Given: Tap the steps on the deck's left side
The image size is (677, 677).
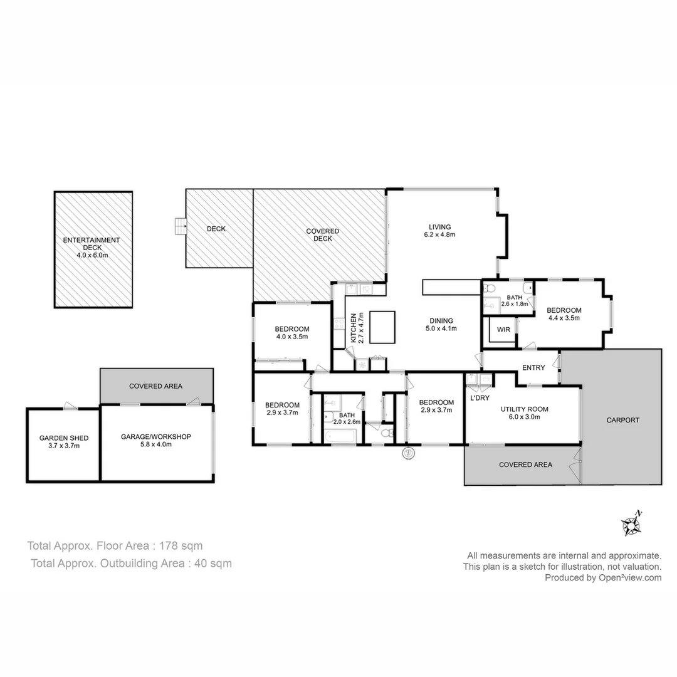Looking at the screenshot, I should (181, 226).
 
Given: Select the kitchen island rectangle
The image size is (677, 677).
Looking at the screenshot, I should (382, 327).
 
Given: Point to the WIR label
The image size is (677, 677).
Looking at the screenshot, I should (503, 329).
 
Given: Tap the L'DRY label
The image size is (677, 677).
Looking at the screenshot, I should (480, 398).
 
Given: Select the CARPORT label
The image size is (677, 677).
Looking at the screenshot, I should (623, 420).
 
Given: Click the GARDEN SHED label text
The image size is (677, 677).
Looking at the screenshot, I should (60, 438).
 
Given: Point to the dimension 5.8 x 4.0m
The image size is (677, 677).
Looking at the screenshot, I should (156, 444).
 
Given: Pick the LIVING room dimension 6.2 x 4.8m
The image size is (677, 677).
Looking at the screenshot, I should (439, 235).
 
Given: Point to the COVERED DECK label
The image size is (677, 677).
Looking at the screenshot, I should (322, 235).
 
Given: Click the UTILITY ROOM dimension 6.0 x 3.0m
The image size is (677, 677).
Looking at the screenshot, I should (524, 417).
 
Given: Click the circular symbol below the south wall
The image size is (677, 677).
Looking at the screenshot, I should (408, 452).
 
